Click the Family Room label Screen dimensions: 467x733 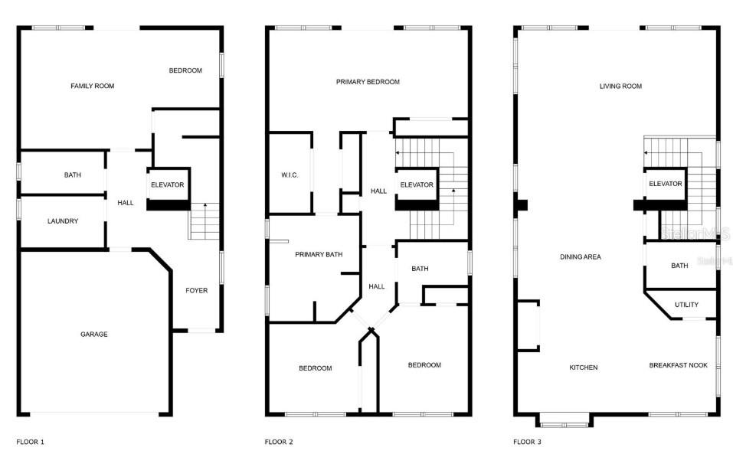tap(92, 87)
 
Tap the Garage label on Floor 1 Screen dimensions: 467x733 tap(94, 334)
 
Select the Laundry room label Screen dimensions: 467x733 tap(63, 221)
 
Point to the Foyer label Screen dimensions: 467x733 tap(196, 290)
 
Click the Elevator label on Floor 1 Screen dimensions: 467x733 tap(168, 185)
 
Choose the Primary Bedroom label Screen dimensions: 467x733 tap(368, 82)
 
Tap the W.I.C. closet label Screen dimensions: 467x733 tap(290, 175)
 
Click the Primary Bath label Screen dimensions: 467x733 tap(319, 254)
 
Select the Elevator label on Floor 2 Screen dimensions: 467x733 tap(417, 185)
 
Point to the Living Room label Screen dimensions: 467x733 tap(620, 87)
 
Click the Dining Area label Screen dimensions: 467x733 tap(581, 257)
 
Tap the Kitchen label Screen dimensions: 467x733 tap(583, 367)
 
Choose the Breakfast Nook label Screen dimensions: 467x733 tap(679, 365)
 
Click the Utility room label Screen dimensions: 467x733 tap(686, 305)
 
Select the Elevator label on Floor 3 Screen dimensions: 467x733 tap(665, 184)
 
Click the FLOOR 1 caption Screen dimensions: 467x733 tap(31, 442)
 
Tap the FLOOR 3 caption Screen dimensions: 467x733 tap(527, 442)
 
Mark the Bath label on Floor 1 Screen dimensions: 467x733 tap(73, 175)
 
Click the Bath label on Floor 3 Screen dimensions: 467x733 tap(679, 266)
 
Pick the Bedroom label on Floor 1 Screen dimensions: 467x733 tap(185, 70)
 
